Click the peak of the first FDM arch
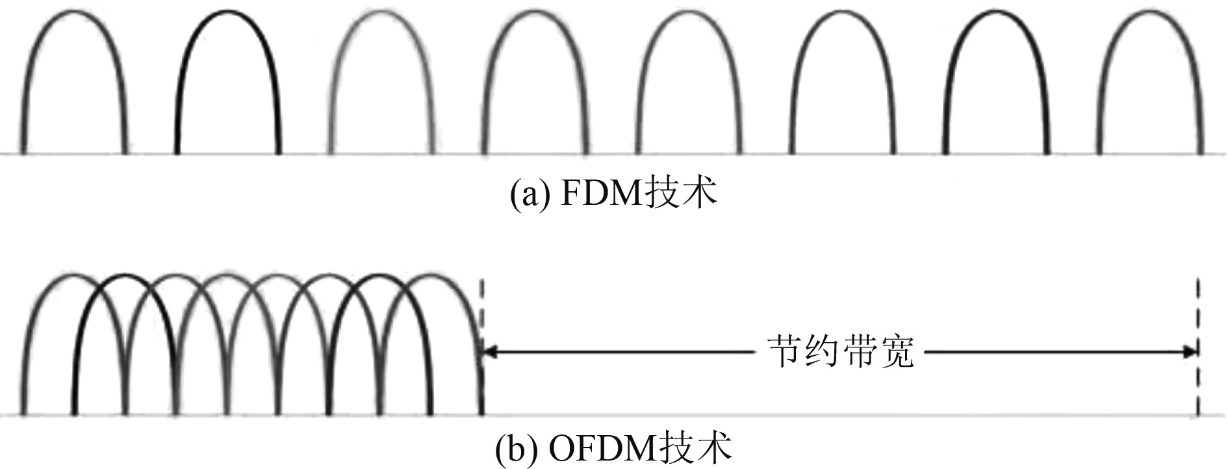75,12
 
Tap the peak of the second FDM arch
227,12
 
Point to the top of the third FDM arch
382,12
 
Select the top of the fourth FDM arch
535,12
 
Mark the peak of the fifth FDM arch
689,12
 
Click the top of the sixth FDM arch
842,12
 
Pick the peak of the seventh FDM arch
996,12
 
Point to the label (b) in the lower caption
513,449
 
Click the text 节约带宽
841,353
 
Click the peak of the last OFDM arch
431,275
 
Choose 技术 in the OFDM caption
697,449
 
